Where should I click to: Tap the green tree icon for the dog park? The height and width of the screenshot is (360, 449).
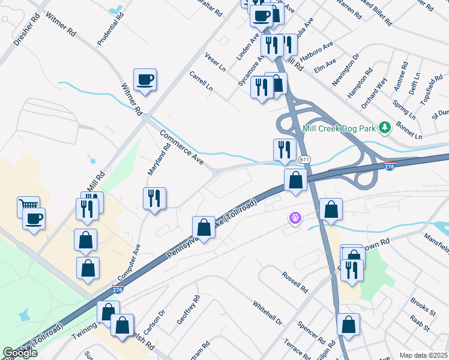(384, 128)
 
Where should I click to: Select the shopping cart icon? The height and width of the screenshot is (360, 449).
(28, 206)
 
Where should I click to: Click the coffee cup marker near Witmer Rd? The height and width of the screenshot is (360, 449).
(145, 79)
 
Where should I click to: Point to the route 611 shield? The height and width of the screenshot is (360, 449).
(304, 159)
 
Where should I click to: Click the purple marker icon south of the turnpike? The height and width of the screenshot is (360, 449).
(294, 219)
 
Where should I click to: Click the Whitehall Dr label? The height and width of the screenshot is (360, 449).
(267, 313)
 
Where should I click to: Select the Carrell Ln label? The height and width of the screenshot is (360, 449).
(201, 81)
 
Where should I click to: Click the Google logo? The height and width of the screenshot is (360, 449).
(20, 353)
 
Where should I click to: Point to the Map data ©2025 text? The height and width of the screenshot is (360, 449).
(423, 355)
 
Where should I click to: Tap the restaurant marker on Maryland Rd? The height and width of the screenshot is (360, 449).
(154, 198)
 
